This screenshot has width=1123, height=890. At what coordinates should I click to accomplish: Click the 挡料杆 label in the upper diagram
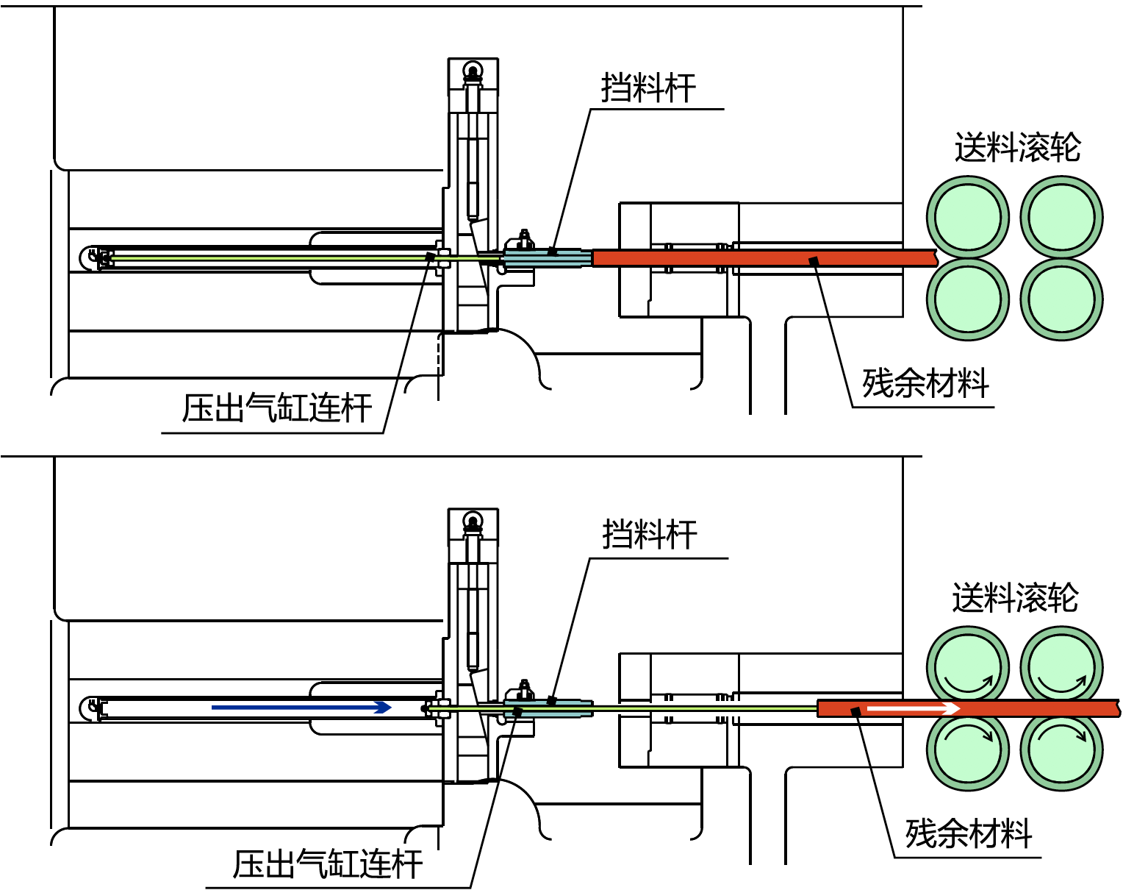tap(649, 88)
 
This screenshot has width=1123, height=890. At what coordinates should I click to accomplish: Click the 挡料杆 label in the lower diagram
tap(650, 534)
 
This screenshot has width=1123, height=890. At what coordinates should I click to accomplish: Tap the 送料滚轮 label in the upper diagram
tap(1018, 147)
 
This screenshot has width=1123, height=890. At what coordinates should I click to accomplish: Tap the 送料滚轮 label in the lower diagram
tap(1015, 597)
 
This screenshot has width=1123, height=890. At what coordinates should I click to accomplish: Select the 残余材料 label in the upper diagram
tap(925, 382)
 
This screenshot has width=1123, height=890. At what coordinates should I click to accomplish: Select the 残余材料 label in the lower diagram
tap(969, 833)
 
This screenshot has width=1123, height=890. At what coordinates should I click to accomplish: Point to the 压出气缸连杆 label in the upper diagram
tap(276, 407)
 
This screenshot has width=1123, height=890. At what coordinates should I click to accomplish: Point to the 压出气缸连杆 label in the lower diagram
tap(327, 864)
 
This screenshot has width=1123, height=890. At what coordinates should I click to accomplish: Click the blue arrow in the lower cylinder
tap(301, 708)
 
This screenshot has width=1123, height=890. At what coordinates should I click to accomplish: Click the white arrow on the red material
tap(914, 709)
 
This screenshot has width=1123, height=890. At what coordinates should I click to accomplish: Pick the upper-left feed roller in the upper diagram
tap(968, 217)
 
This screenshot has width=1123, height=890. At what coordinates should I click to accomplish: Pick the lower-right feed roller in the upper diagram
tap(1061, 299)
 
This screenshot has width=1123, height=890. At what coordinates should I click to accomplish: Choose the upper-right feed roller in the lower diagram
tap(1061, 668)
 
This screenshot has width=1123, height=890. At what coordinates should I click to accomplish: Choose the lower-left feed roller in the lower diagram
tap(968, 750)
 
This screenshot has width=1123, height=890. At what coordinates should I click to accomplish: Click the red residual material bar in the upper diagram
tap(765, 258)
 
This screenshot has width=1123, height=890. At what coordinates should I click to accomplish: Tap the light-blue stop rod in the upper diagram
tap(548, 258)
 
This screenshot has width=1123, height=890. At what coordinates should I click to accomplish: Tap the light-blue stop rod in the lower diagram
tap(548, 709)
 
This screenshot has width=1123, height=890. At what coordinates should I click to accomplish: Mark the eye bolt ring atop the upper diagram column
tap(473, 69)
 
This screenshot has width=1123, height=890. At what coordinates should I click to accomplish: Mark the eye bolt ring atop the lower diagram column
tap(473, 520)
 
